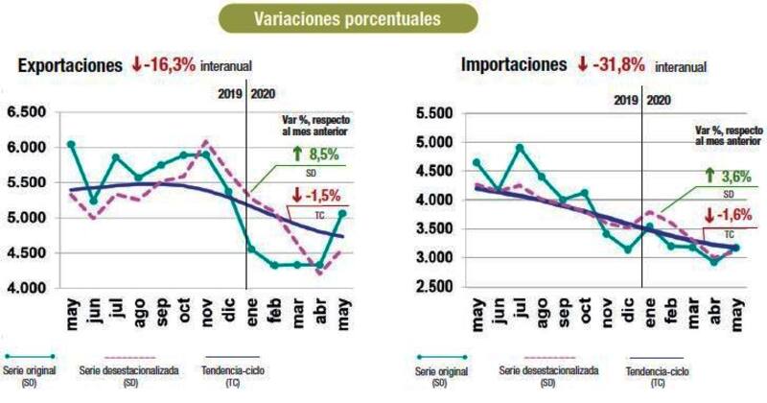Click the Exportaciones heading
pyautogui.click(x=69, y=66)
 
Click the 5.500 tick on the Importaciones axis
pyautogui.click(x=435, y=114)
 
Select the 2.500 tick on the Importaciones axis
pyautogui.click(x=435, y=288)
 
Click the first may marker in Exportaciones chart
pyautogui.click(x=72, y=145)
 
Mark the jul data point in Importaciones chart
pyautogui.click(x=519, y=148)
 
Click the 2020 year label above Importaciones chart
pyautogui.click(x=659, y=99)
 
